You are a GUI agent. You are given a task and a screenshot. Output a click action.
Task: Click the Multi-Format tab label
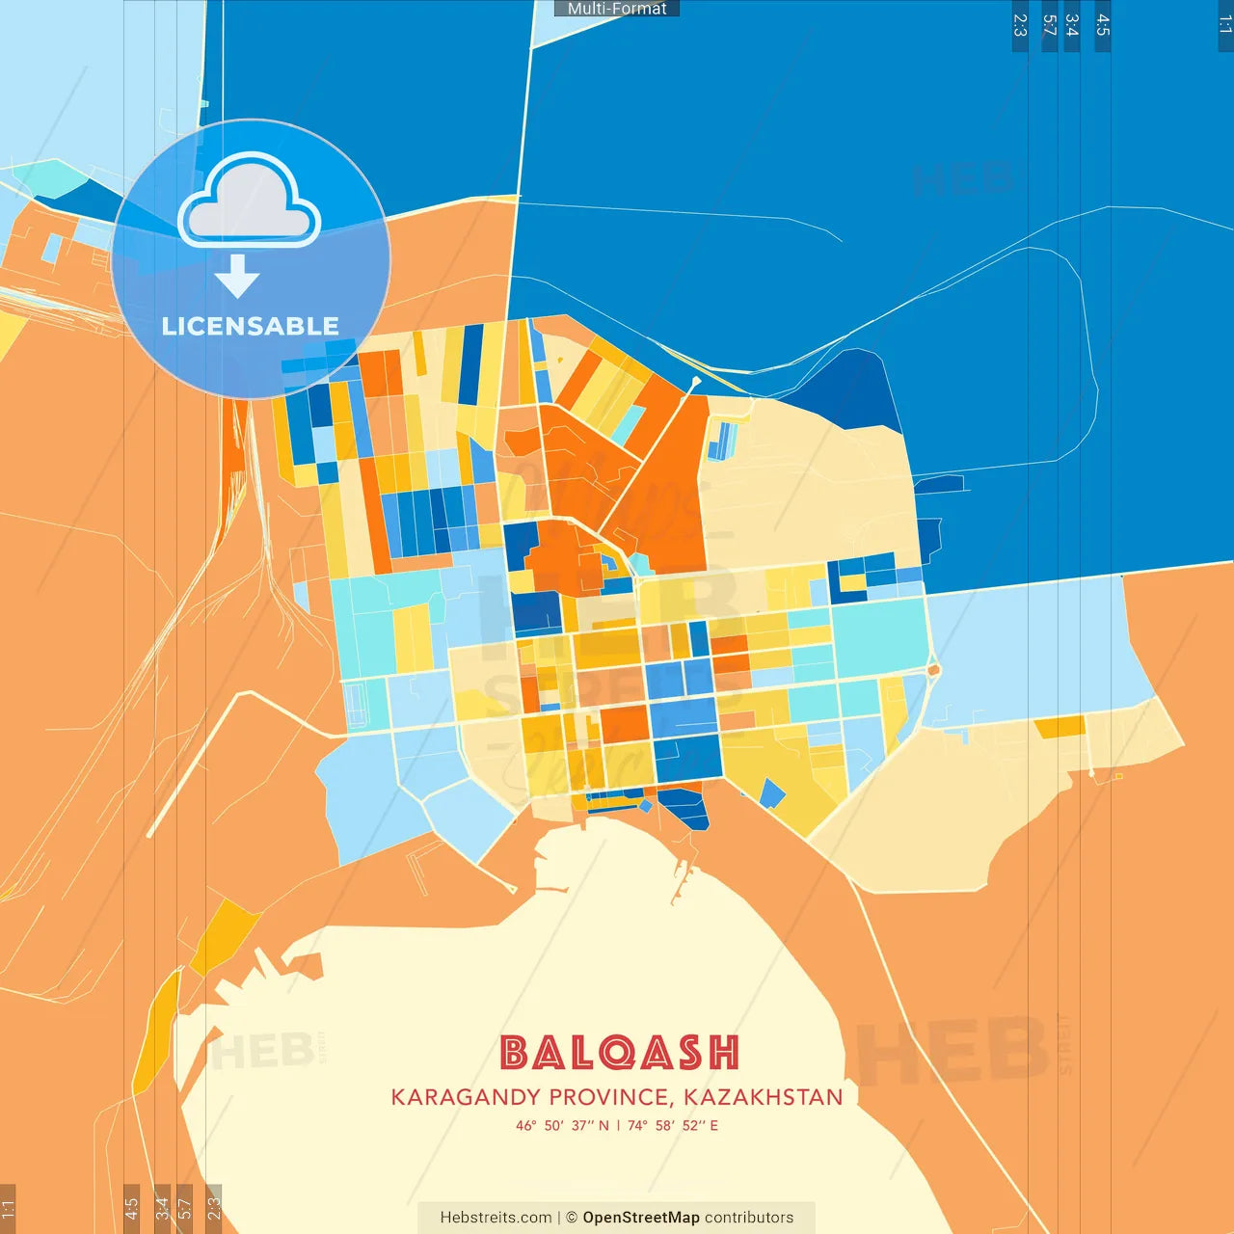point(617,9)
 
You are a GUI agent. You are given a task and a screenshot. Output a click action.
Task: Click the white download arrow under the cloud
point(237,276)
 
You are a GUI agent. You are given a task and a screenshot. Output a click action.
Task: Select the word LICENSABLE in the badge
point(250,327)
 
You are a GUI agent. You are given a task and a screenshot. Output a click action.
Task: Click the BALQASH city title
point(619,1053)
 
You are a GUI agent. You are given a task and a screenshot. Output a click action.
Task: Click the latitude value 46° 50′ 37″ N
point(562,1125)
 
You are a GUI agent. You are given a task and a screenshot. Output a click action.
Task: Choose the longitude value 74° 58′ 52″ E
point(673,1125)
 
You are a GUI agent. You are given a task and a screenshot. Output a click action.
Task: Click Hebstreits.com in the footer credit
point(496,1218)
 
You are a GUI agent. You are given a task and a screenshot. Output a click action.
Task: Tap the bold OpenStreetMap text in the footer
point(640,1218)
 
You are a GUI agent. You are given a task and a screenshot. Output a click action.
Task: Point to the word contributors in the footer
point(749,1218)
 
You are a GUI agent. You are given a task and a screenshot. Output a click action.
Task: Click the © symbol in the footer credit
point(572,1218)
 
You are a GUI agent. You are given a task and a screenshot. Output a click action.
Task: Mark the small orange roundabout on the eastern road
point(932,669)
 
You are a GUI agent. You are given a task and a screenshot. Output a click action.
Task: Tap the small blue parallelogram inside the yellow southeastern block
point(772,793)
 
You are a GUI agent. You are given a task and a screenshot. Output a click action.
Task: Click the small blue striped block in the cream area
point(722,441)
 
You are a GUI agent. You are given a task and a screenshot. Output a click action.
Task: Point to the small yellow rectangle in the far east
point(1060,726)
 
